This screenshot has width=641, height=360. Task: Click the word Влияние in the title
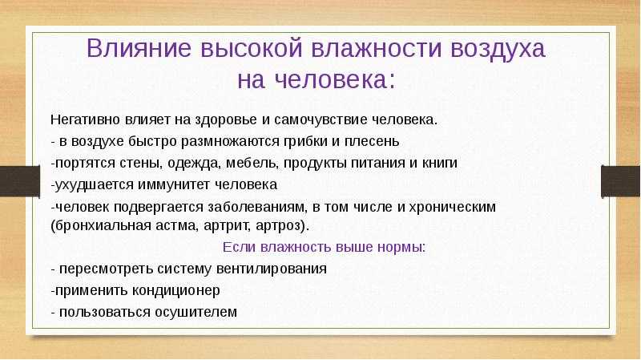tap(139, 48)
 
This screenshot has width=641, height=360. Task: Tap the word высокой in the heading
tap(252, 48)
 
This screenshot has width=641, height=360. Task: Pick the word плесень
tap(372, 141)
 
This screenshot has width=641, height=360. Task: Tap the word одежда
tap(193, 163)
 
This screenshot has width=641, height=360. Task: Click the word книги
tap(439, 163)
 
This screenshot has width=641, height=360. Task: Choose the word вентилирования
tap(271, 269)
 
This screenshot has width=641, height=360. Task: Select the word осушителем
tap(196, 312)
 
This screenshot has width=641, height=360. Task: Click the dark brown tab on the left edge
tap(20, 181)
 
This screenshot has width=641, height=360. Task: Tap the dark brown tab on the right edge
tap(621, 181)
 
